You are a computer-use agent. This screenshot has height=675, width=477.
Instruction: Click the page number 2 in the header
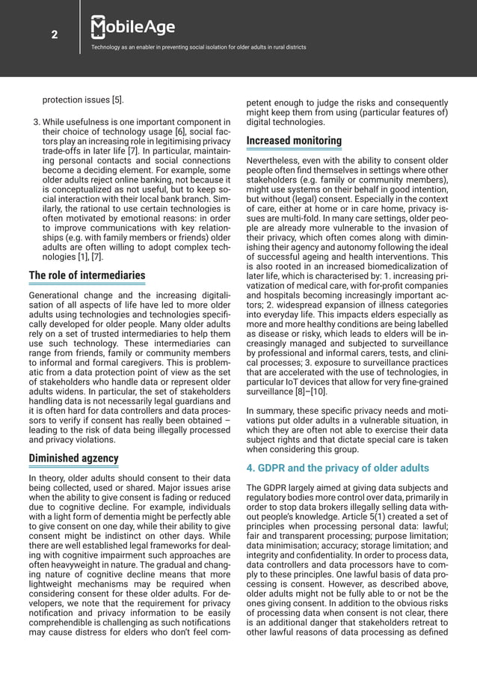pos(55,33)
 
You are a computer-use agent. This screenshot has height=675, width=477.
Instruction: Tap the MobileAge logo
pos(132,28)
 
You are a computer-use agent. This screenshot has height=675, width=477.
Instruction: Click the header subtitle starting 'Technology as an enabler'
pos(198,48)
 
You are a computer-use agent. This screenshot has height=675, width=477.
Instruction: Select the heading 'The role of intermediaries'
pos(87,276)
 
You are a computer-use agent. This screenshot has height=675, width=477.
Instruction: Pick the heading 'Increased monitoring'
pos(294,141)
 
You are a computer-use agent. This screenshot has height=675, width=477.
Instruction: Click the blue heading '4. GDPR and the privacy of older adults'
pos(338,468)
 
